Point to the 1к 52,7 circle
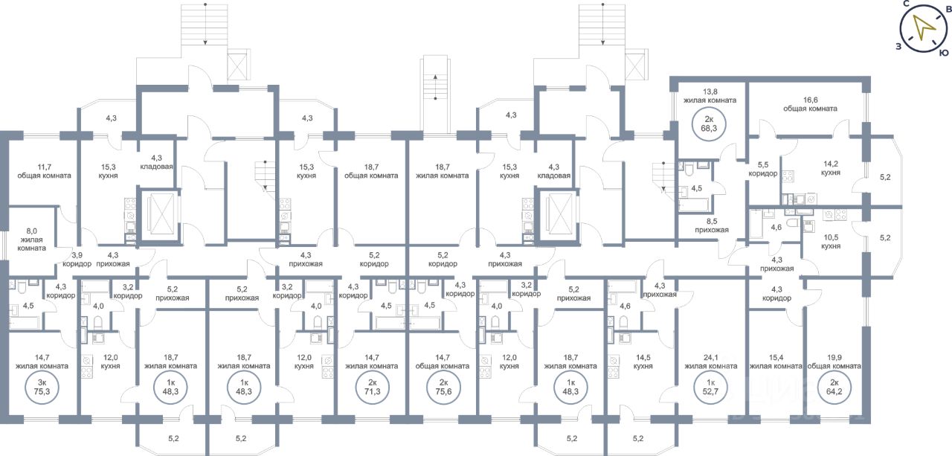704,387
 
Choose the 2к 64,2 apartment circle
832,387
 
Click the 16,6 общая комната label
810,103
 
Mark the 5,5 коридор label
763,169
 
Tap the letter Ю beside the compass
943,53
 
